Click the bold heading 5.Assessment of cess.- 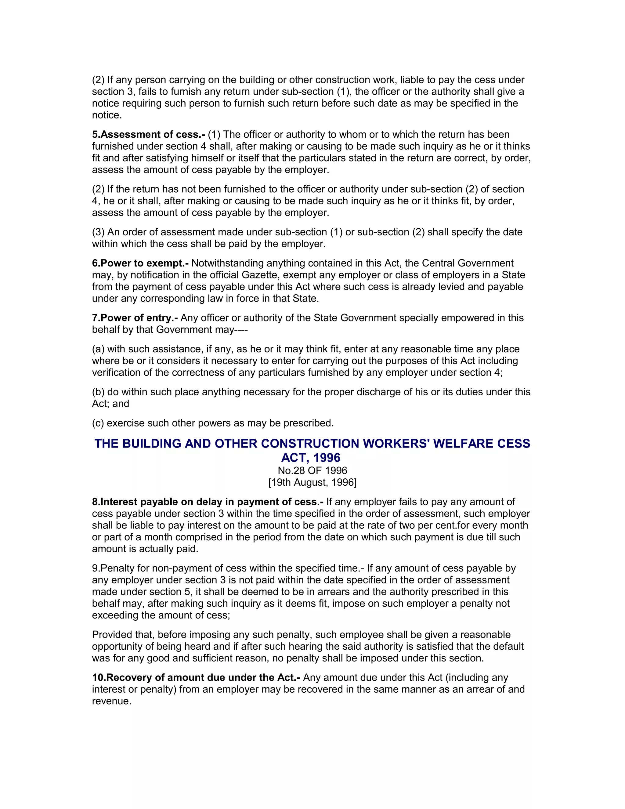point(148,134)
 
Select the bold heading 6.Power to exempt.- point(140,263)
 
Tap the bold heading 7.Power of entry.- point(135,318)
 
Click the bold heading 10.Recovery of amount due point(196,677)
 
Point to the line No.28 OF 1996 point(312,471)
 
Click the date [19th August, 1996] point(312,483)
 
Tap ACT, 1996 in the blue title point(311,458)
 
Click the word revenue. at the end point(111,701)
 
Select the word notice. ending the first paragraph point(107,115)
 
